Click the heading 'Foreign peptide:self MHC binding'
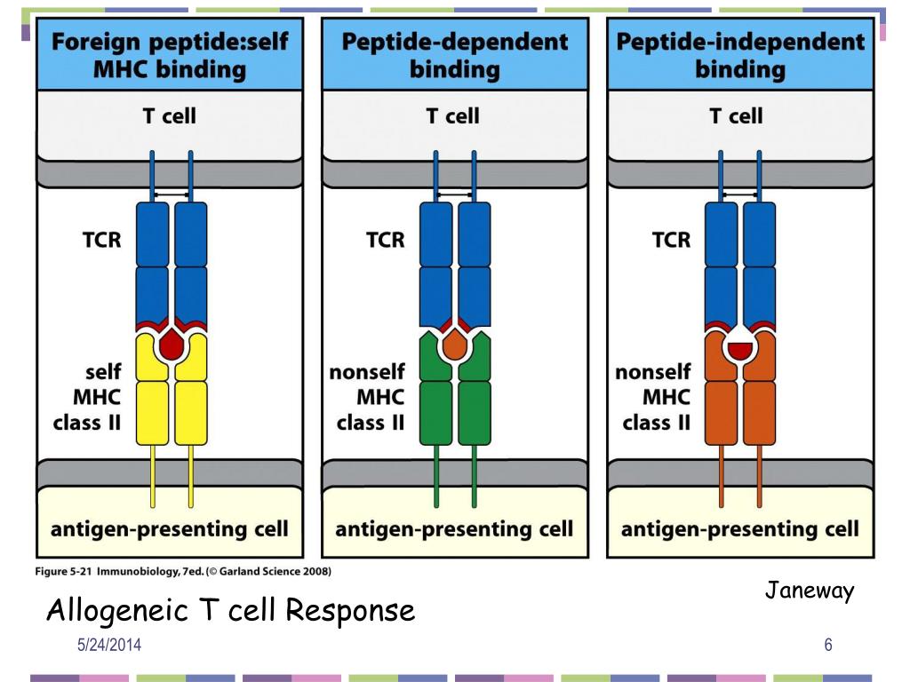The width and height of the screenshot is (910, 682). pyautogui.click(x=170, y=55)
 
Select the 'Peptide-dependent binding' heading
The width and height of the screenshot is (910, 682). pyautogui.click(x=455, y=55)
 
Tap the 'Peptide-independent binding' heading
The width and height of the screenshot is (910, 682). pyautogui.click(x=740, y=55)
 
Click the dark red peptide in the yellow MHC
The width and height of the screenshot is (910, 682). pyautogui.click(x=172, y=345)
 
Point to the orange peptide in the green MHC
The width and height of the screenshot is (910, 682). pyautogui.click(x=455, y=345)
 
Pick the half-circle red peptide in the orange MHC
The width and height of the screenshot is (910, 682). pyautogui.click(x=740, y=350)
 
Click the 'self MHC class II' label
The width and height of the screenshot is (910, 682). pyautogui.click(x=87, y=397)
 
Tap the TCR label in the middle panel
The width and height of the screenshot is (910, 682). pyautogui.click(x=386, y=240)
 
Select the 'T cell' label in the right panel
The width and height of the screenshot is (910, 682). pyautogui.click(x=736, y=116)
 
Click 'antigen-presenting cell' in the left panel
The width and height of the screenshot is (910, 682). pyautogui.click(x=170, y=529)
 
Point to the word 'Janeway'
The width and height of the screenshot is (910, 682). pyautogui.click(x=810, y=591)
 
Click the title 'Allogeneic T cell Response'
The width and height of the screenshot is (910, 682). pyautogui.click(x=230, y=610)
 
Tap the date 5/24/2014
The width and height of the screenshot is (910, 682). pyautogui.click(x=109, y=645)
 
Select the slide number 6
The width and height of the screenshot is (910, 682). pyautogui.click(x=828, y=645)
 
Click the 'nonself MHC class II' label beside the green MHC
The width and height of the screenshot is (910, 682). pyautogui.click(x=367, y=397)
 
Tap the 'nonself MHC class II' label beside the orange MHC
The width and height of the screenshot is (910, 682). pyautogui.click(x=653, y=397)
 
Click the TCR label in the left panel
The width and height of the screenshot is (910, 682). pyautogui.click(x=101, y=240)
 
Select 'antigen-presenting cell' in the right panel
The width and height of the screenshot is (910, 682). pyautogui.click(x=740, y=529)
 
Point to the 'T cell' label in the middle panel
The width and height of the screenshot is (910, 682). pyautogui.click(x=452, y=116)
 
